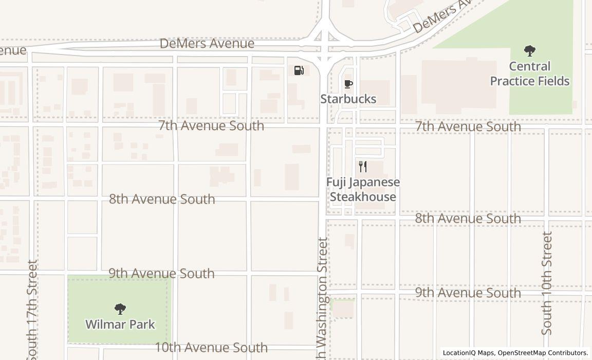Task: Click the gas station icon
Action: pos(299,70)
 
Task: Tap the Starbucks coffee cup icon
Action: pos(348,84)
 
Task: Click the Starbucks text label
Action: pos(348,99)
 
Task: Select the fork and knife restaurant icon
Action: pos(363,166)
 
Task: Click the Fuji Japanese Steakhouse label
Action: pos(363,189)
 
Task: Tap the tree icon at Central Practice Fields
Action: pos(530,51)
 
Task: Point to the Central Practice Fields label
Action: pos(530,74)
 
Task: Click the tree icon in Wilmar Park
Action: pos(120,309)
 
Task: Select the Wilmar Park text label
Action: pos(120,325)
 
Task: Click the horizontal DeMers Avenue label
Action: pos(207,44)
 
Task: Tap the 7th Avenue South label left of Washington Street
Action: pos(211,125)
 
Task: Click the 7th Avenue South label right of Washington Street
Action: pos(468,127)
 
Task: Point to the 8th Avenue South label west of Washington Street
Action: pos(162,199)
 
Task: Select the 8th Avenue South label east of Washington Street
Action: pos(468,219)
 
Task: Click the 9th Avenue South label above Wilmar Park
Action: pos(161,273)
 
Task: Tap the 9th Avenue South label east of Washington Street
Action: pos(468,293)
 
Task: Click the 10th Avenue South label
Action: pos(211,348)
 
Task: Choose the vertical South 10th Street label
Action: pos(547,283)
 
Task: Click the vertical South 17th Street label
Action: pos(32,309)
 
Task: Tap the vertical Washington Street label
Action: pos(322,298)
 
